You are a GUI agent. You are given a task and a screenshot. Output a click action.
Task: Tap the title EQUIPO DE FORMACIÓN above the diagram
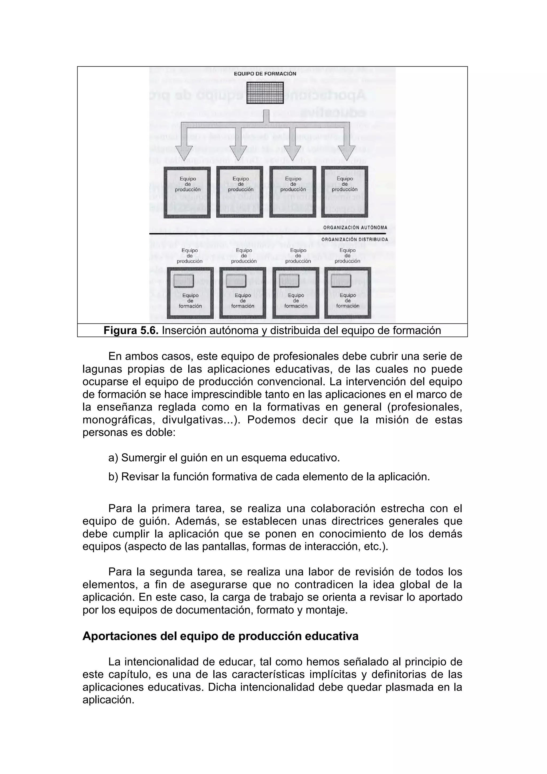[x=265, y=73]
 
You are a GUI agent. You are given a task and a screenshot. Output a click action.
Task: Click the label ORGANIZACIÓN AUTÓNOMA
[x=355, y=228]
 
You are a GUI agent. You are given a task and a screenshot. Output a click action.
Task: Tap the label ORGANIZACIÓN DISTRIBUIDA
[x=354, y=239]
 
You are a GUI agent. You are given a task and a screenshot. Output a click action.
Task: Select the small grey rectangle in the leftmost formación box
[x=184, y=281]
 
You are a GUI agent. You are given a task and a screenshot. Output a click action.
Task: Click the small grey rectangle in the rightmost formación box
[x=341, y=281]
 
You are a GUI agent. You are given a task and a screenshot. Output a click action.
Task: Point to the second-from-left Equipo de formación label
[x=243, y=301]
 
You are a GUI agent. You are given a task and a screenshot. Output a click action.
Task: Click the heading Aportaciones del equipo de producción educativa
[x=220, y=636]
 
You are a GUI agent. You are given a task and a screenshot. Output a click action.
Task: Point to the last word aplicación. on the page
[x=108, y=700]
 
